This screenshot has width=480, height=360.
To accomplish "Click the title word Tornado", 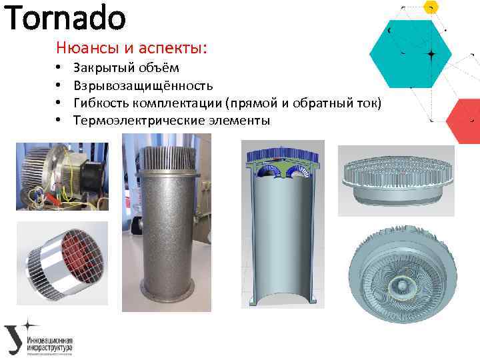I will (65, 19).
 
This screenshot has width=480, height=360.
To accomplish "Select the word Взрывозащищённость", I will (143, 85).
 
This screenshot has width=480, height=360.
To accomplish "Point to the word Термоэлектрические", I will (131, 120).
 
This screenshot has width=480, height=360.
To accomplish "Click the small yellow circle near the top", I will (431, 6).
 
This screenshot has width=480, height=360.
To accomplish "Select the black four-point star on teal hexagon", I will (431, 53).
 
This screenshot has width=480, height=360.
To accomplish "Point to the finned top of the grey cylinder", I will (166, 157).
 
